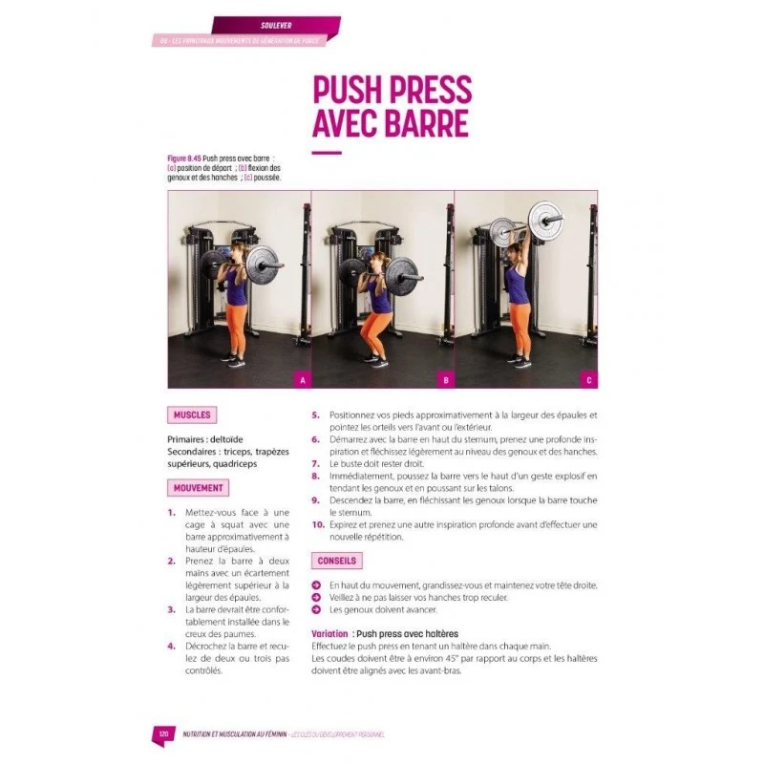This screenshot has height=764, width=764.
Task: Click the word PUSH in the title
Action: (350, 91)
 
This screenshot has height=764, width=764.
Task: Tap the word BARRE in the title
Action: (428, 124)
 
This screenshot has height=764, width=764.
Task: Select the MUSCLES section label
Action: (192, 415)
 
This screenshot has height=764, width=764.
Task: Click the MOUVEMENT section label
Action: (199, 488)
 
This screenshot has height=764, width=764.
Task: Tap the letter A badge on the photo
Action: (303, 380)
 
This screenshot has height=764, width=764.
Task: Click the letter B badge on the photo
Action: (445, 380)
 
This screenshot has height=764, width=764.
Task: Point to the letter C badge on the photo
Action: (588, 380)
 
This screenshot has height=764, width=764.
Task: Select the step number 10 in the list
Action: (318, 524)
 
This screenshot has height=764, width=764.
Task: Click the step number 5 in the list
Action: (315, 415)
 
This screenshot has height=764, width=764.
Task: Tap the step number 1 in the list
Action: (171, 513)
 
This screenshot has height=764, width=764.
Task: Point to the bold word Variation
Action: (329, 633)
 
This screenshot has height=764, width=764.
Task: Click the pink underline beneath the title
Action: (327, 153)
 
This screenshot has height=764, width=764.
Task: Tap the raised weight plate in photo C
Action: (545, 217)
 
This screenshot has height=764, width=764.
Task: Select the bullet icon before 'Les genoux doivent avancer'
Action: (316, 609)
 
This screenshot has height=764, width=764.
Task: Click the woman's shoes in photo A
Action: (234, 362)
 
